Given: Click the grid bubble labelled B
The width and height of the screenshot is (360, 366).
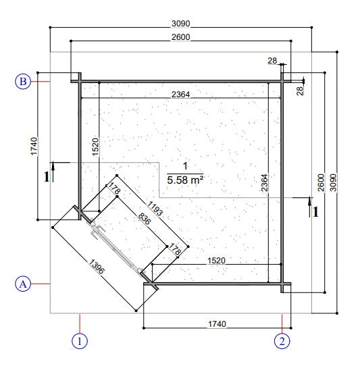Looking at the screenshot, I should (23, 82).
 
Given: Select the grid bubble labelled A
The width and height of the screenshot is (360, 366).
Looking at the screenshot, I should (23, 284).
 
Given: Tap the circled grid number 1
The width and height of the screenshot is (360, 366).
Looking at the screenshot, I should (80, 340).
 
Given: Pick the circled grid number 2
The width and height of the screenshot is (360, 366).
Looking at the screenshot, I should (282, 340).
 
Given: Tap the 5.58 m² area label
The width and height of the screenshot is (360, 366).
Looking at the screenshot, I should (185, 180).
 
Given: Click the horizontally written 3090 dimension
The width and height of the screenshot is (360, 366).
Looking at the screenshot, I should (180, 25).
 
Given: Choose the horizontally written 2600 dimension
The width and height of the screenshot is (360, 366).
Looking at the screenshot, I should (180, 38).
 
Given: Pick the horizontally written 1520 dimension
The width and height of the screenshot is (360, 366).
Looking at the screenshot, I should (216, 260).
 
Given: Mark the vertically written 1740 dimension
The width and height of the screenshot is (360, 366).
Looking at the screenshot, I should (34, 147).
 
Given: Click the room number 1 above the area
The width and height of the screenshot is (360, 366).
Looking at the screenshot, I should (185, 166).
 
